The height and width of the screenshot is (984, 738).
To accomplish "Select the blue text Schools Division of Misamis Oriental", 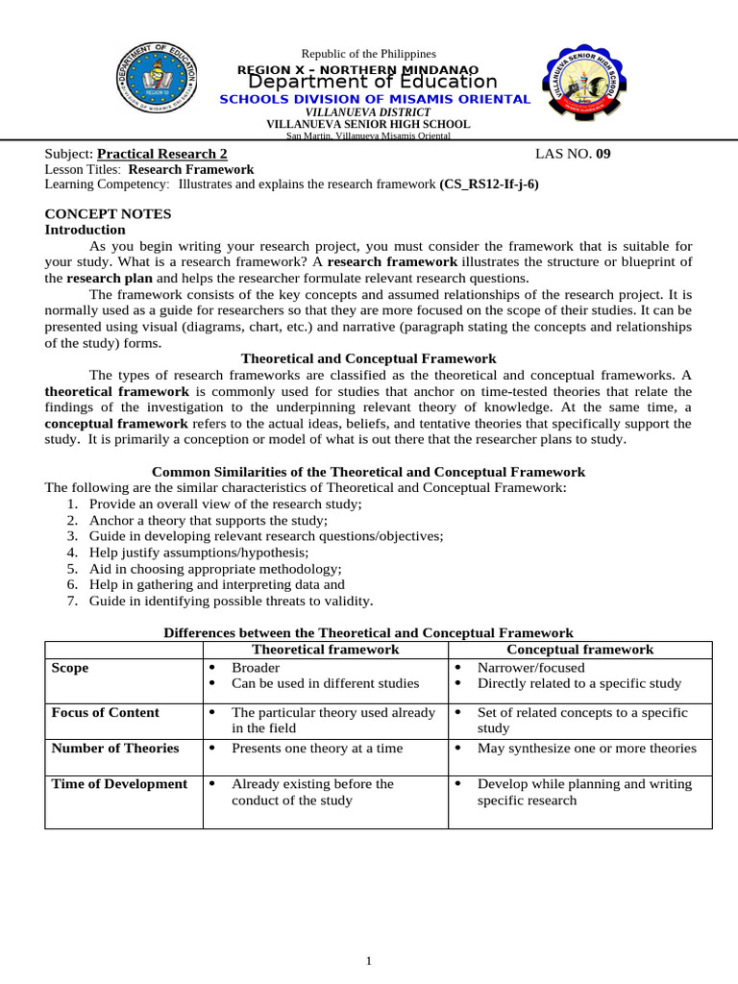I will [x=374, y=99].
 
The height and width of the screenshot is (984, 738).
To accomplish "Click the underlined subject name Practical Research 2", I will [x=162, y=154].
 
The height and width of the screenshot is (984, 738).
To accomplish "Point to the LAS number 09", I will [x=603, y=154].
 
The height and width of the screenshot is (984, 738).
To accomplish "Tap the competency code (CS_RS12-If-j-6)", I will [x=489, y=184].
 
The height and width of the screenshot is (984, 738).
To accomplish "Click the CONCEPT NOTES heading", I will [x=109, y=213].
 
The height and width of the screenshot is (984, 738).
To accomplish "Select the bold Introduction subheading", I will [x=86, y=230].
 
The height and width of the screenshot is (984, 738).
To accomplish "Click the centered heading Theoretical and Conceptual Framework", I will [x=368, y=358].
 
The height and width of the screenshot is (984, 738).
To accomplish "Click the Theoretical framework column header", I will [x=325, y=650].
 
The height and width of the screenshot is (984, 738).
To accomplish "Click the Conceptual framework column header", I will [x=579, y=650].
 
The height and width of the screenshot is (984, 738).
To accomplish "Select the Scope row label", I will [x=69, y=668].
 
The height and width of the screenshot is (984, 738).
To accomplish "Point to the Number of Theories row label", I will [x=114, y=749].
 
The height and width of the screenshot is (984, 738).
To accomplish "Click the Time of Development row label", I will [x=119, y=784].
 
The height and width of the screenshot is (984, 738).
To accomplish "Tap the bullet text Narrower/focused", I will [x=530, y=667].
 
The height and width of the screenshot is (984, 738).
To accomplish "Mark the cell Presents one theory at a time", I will [x=317, y=749].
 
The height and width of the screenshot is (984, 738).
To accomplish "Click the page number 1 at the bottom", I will [x=368, y=960].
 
